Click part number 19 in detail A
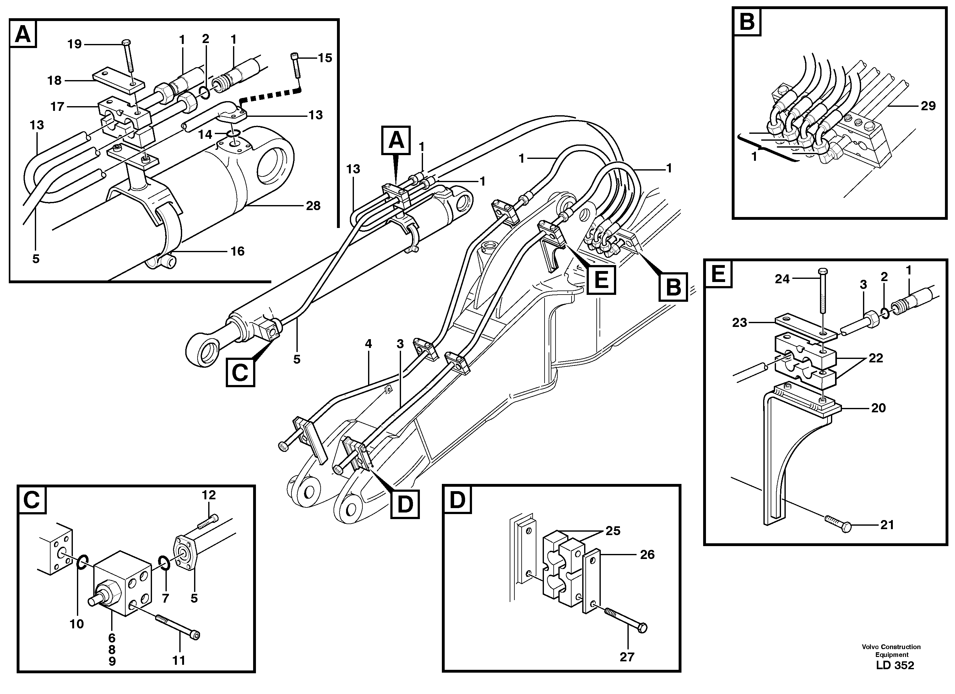pyautogui.click(x=74, y=44)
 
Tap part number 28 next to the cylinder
pyautogui.click(x=313, y=206)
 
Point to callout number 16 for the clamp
pyautogui.click(x=237, y=252)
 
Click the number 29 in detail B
pyautogui.click(x=928, y=106)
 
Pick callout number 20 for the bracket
pyautogui.click(x=878, y=408)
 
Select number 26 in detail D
pyautogui.click(x=647, y=555)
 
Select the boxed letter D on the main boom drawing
pyautogui.click(x=405, y=504)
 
